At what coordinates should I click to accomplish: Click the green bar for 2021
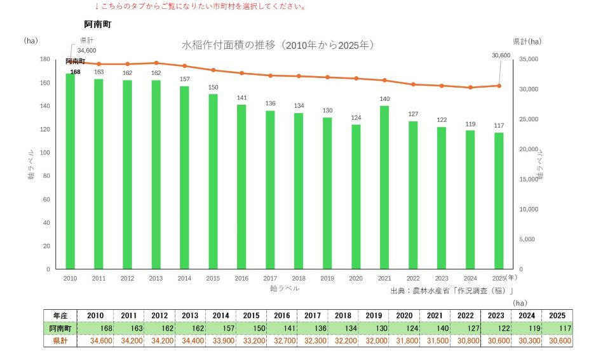point(384,187)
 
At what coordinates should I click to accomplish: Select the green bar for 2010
point(70,171)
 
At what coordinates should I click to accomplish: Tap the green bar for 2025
point(499,201)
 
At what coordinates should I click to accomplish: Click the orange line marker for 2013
point(156,63)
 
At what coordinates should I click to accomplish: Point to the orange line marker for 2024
point(470,88)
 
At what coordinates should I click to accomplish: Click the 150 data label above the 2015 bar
point(213,88)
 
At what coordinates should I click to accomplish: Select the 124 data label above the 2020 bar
point(356,118)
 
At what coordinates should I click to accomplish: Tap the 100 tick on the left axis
point(44,153)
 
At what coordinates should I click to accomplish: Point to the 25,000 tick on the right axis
point(529,119)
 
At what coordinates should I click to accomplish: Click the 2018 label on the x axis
point(299,278)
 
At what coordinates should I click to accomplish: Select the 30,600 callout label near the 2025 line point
point(501,56)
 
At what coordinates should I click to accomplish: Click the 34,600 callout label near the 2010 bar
point(87,51)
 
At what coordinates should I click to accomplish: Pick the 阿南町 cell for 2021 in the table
point(435,328)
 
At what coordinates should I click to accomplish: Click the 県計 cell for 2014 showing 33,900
point(221,341)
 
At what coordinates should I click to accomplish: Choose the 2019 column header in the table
point(374,316)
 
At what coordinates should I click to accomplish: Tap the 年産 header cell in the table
point(60,316)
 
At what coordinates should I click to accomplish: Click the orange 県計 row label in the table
point(60,341)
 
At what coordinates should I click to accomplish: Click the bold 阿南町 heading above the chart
point(98,25)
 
